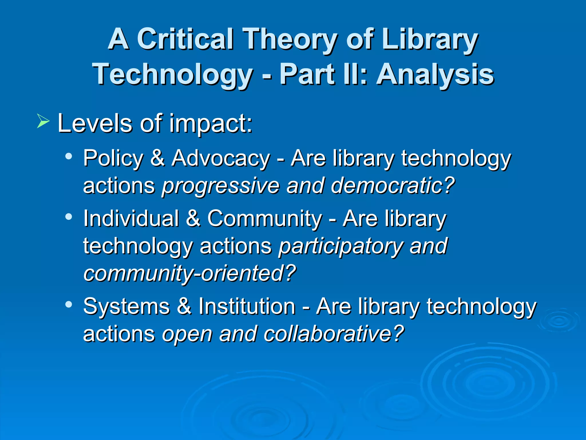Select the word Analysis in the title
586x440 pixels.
(435, 75)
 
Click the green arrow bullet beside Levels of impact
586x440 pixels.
(43, 121)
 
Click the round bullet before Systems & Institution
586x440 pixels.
(69, 305)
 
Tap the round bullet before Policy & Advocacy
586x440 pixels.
(69, 157)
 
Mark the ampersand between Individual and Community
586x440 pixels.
(193, 219)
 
